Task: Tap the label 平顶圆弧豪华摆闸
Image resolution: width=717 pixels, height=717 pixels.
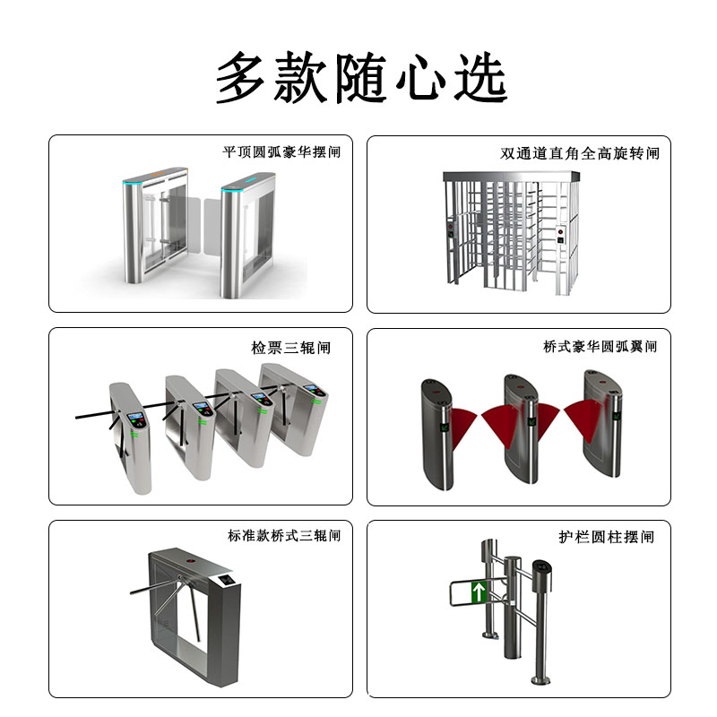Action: [x=281, y=152]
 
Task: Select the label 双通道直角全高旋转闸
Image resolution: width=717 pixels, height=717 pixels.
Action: [x=579, y=153]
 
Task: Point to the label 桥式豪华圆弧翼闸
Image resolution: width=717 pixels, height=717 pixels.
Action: [x=600, y=346]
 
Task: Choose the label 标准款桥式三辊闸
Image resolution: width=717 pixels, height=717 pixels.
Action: [x=284, y=536]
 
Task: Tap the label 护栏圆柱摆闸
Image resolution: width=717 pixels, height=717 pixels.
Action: [x=606, y=537]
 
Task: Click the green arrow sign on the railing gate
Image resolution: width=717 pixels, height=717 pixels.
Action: [x=479, y=592]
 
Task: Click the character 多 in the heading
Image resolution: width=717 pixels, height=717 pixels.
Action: [x=246, y=79]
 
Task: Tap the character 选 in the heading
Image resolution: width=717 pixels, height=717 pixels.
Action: [x=476, y=79]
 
